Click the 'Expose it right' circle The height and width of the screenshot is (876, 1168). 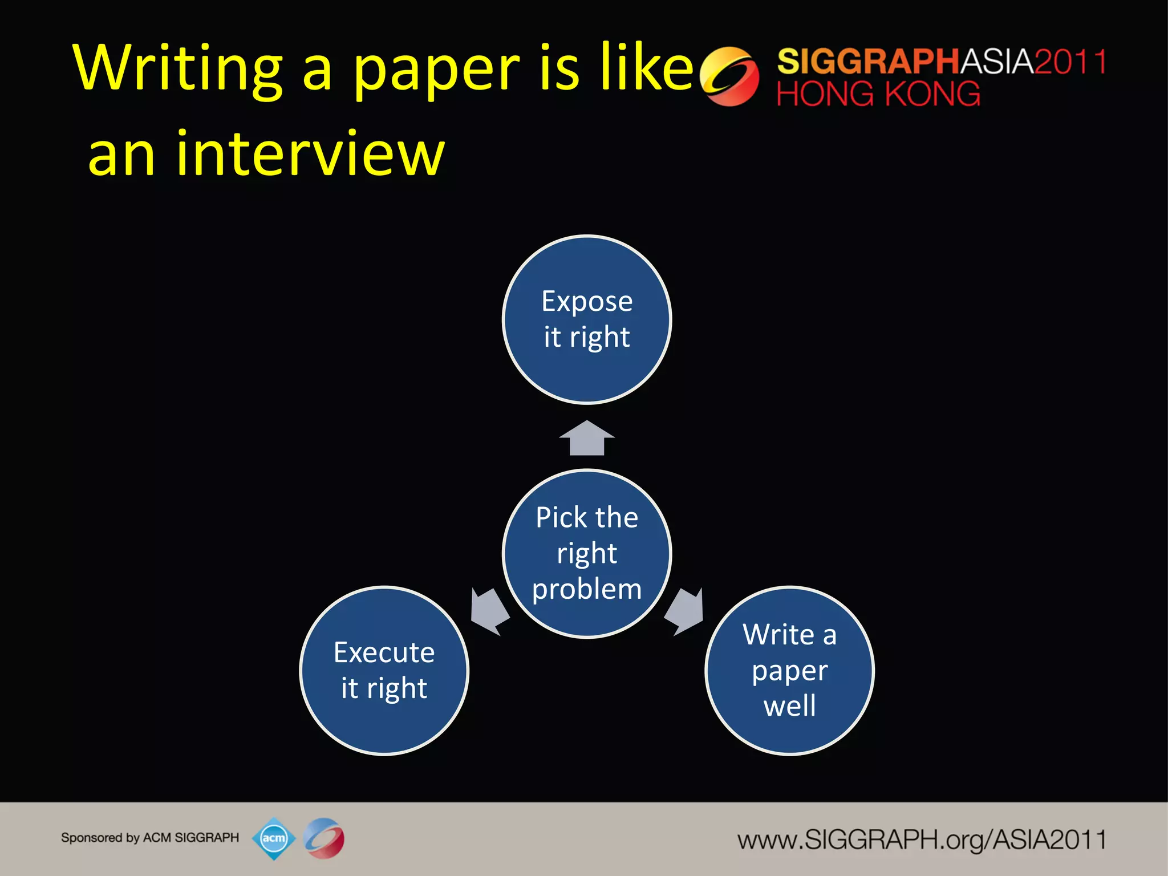pos(587,319)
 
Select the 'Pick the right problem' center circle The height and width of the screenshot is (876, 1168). pos(587,553)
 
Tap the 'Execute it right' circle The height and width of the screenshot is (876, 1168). pos(384,671)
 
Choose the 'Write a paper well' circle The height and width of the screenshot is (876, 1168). pos(790,671)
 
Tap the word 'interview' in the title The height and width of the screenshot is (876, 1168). pos(310,154)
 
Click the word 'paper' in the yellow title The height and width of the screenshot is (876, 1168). pos(436,71)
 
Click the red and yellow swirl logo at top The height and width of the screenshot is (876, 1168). pos(729,76)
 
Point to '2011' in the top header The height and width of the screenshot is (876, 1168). pos(1070,62)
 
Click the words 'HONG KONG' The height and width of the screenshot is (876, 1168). pos(878,94)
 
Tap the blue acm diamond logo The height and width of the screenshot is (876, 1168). pos(274,838)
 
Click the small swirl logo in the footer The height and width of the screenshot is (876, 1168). pos(324,838)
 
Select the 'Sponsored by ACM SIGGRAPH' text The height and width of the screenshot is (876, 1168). pos(150,838)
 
